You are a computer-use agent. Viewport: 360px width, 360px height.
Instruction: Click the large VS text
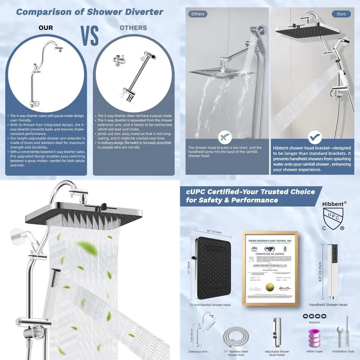(90, 35)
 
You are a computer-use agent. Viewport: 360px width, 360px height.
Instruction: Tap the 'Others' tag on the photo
(198, 14)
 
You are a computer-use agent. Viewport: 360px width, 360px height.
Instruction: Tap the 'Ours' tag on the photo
(341, 14)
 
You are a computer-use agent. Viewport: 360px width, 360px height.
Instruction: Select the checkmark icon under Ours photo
(315, 137)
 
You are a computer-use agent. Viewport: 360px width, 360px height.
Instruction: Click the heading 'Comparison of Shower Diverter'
(90, 12)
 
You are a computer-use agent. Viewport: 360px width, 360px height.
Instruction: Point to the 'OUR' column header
(46, 28)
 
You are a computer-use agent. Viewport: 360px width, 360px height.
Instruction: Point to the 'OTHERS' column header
(133, 28)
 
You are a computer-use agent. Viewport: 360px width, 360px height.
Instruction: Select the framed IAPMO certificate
(270, 268)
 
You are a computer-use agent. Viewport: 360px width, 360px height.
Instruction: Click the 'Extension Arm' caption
(198, 352)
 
